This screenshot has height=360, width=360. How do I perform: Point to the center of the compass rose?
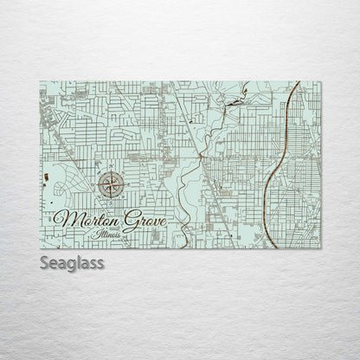110,183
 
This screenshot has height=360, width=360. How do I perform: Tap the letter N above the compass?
110,168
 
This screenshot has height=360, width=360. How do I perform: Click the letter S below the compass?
110,197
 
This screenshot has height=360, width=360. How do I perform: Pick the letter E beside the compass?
125,183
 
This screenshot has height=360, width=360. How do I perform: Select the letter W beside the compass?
95,183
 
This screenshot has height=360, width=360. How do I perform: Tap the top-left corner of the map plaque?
40,82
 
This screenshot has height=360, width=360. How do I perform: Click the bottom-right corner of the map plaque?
320,247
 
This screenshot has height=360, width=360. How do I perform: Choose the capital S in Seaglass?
44,263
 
